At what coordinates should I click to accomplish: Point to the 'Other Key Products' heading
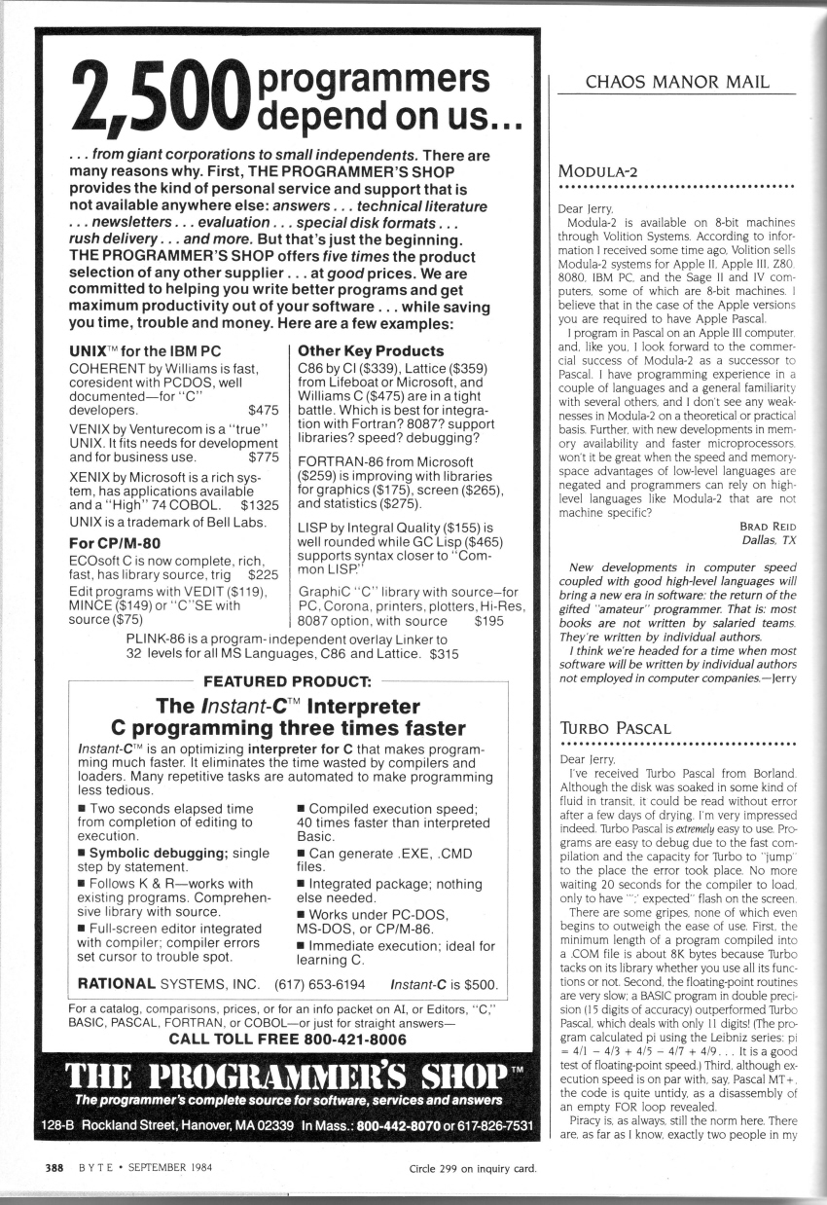click(x=371, y=349)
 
